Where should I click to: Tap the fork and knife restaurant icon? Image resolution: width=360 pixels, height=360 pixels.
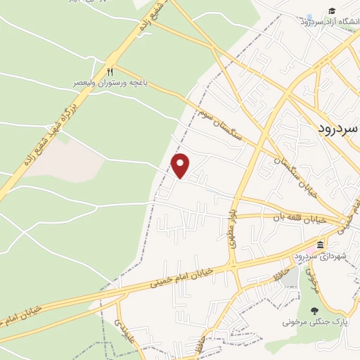109,72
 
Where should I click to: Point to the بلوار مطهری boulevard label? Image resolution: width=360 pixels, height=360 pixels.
232,229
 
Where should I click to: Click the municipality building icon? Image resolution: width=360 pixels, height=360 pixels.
321,245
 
